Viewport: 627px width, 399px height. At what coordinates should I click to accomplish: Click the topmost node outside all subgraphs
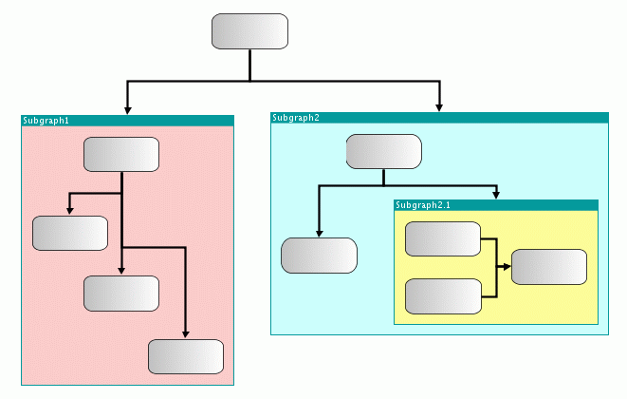tap(249, 31)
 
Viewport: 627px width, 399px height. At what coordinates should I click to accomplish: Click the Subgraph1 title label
tap(46, 121)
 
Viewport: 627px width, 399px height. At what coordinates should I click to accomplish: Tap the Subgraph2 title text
tap(295, 118)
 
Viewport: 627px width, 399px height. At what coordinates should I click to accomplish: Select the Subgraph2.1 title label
tap(424, 205)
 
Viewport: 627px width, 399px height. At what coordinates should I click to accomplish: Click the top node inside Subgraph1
tap(121, 155)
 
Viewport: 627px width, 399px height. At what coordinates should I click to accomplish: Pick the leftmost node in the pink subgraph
tap(70, 233)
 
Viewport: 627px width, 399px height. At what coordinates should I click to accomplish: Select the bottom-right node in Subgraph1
tap(185, 356)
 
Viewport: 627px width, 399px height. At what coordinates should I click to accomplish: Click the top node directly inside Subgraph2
tap(383, 152)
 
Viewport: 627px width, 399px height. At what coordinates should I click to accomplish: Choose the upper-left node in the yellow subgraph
tap(443, 239)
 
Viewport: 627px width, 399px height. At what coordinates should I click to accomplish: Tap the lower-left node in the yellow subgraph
tap(443, 296)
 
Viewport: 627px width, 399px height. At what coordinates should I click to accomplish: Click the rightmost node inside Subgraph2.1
tap(549, 267)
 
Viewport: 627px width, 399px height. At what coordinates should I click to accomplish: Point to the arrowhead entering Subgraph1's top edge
tap(127, 110)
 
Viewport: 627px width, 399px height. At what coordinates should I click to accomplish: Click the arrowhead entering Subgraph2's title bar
tap(439, 108)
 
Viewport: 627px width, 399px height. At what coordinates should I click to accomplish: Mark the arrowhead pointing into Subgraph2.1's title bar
tap(496, 196)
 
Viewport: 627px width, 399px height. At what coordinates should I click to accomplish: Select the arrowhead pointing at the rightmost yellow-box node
tap(507, 267)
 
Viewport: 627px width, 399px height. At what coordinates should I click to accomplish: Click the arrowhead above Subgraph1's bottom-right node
tap(185, 334)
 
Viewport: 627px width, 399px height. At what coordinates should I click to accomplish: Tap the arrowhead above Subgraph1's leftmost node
tap(70, 211)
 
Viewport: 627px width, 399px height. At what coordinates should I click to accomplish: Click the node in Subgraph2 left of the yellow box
tap(319, 256)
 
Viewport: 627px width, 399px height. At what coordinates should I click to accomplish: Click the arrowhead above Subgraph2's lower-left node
tap(319, 233)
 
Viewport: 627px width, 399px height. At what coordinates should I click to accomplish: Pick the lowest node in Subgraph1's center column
tap(121, 294)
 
